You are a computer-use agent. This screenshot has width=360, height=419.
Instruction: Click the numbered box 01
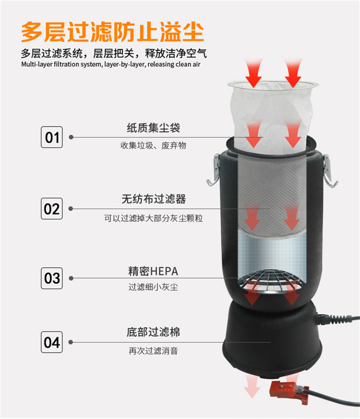tap(52, 137)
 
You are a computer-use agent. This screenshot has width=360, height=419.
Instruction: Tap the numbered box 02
tap(52, 209)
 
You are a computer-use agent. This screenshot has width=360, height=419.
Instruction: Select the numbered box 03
tap(52, 278)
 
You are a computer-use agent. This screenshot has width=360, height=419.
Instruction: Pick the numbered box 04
tap(52, 342)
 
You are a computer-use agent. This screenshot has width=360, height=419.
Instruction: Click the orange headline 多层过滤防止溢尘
tap(112, 32)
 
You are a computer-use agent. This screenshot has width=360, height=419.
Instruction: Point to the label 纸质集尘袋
tap(153, 128)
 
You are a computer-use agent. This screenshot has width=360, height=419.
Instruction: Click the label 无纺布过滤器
tap(153, 199)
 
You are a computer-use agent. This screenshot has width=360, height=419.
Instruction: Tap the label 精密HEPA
tap(153, 271)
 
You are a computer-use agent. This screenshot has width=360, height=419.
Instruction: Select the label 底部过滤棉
tap(153, 332)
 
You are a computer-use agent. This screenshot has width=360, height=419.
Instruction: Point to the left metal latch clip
tap(214, 170)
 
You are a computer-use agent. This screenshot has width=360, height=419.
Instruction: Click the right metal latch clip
tap(329, 171)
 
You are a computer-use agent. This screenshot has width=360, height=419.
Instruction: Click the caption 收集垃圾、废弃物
tap(153, 146)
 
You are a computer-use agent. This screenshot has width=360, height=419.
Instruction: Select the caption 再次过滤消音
tap(153, 351)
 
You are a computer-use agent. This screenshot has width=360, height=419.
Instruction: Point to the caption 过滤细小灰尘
tap(153, 287)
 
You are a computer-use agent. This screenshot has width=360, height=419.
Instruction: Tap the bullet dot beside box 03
tap(71, 278)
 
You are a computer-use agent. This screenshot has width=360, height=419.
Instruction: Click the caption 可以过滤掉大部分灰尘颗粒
tap(153, 218)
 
